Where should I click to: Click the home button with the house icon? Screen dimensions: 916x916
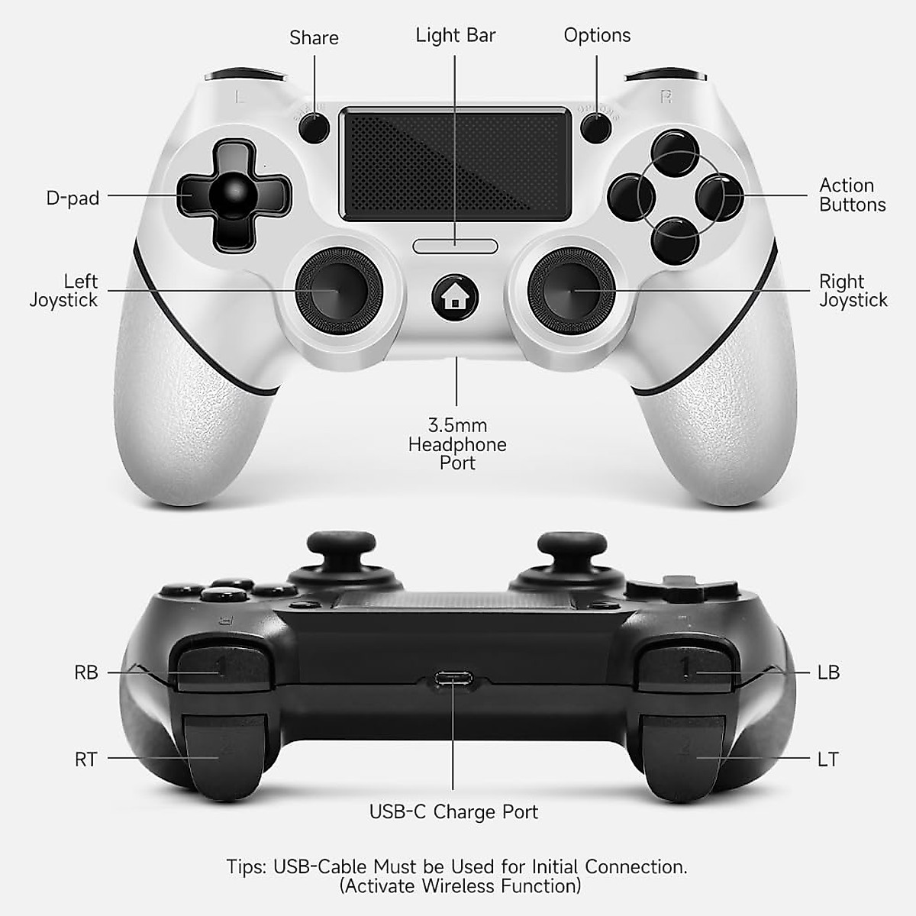pyautogui.click(x=456, y=297)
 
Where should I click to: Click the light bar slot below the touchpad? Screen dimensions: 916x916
pyautogui.click(x=456, y=246)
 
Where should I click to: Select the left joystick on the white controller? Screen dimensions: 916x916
pyautogui.click(x=339, y=290)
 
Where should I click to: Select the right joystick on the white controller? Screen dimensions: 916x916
pyautogui.click(x=572, y=290)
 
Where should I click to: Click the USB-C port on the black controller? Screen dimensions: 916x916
pyautogui.click(x=453, y=678)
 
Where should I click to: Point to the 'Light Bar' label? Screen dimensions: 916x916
pyautogui.click(x=456, y=35)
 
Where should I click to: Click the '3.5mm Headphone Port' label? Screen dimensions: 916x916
pyautogui.click(x=457, y=444)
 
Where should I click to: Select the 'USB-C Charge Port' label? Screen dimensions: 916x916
pyautogui.click(x=453, y=811)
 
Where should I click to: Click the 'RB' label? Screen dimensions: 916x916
pyautogui.click(x=86, y=672)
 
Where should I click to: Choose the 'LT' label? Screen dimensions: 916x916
pyautogui.click(x=828, y=760)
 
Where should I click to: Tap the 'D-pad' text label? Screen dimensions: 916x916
pyautogui.click(x=73, y=198)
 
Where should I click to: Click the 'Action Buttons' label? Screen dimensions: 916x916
pyautogui.click(x=852, y=195)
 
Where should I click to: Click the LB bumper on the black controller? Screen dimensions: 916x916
pyautogui.click(x=685, y=668)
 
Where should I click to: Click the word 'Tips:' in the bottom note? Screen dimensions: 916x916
pyautogui.click(x=246, y=867)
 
